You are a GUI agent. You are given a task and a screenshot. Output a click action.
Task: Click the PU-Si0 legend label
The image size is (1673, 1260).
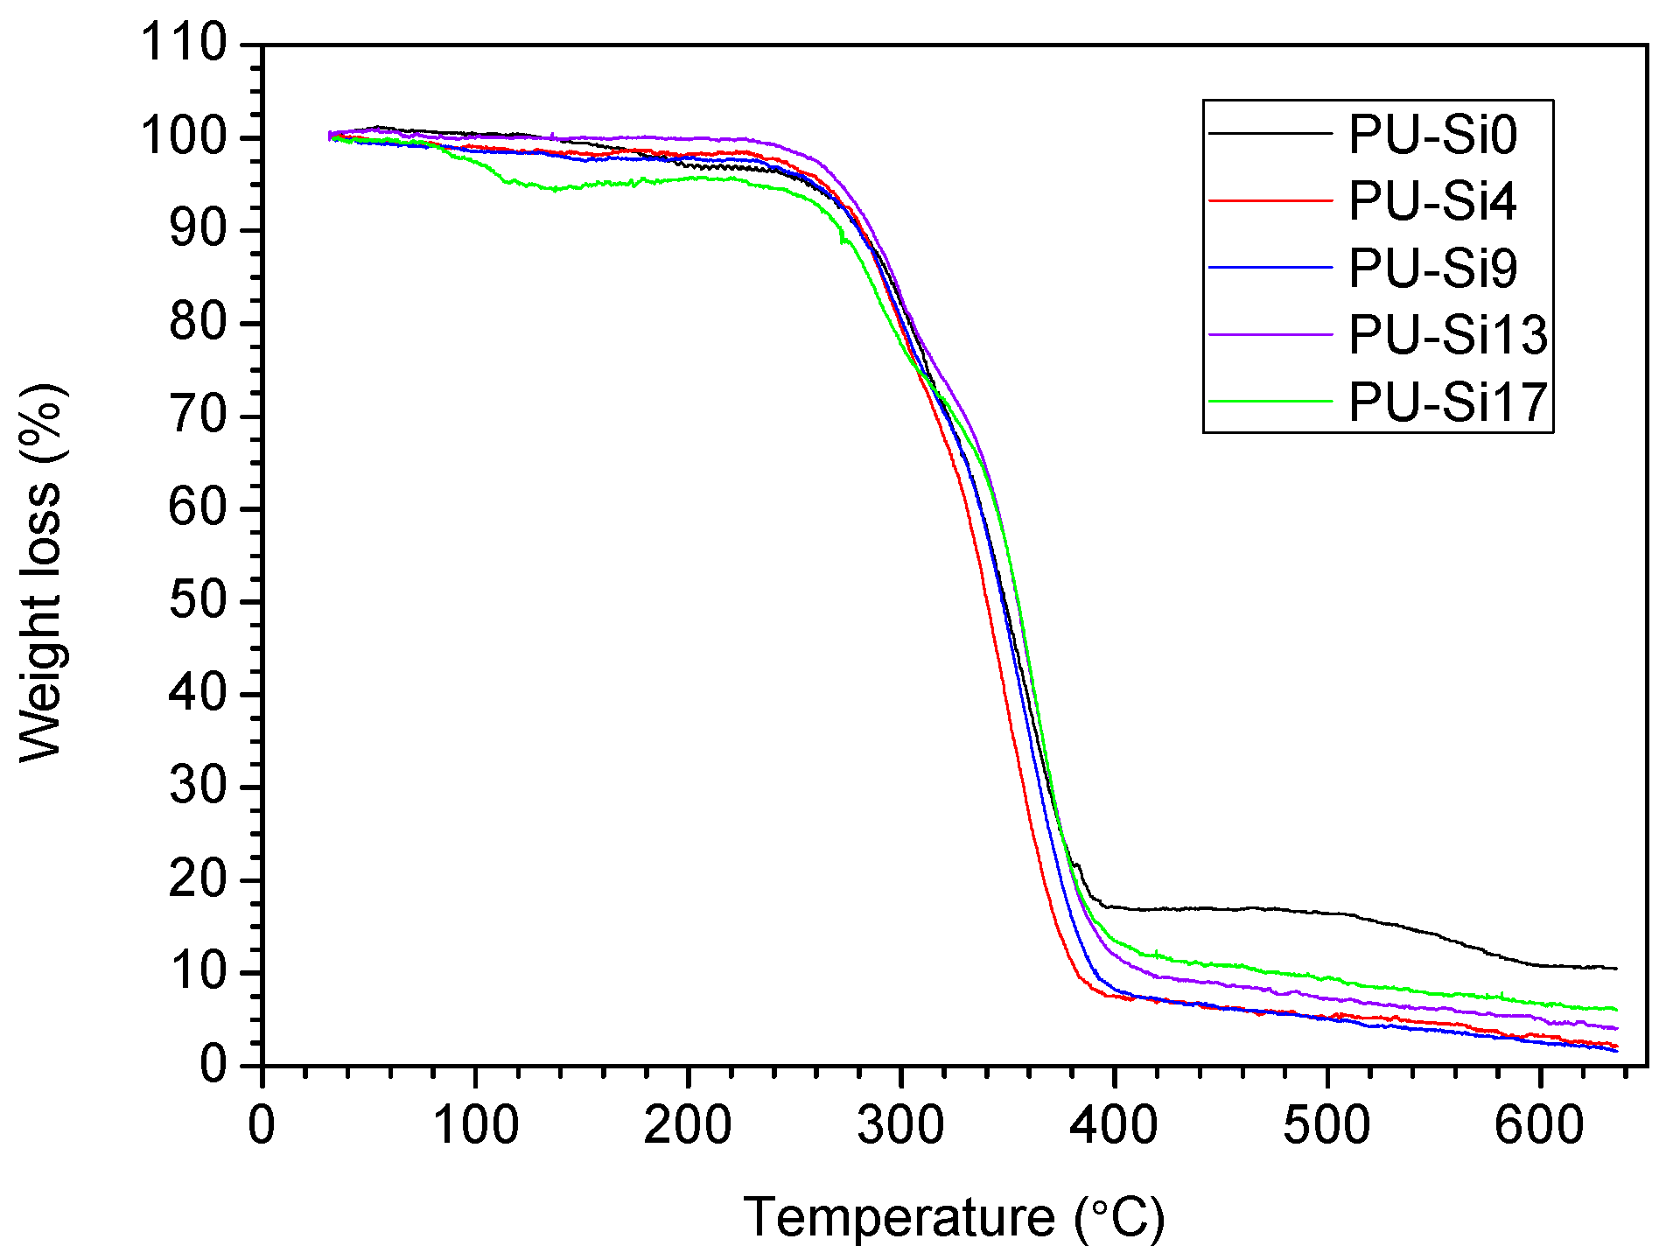(1432, 136)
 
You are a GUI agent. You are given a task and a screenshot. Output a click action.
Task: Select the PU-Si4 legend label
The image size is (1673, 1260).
(1432, 202)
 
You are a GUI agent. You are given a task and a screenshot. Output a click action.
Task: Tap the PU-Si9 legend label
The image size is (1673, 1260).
(1432, 269)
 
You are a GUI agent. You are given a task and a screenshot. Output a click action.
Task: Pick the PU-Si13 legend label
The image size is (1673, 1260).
(1447, 335)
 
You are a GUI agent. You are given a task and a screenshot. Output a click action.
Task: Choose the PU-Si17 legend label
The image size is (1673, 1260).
(1447, 402)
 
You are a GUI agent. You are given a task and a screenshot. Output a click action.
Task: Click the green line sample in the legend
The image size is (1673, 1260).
(1270, 402)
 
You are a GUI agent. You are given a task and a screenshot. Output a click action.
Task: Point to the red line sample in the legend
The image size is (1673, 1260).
(1270, 201)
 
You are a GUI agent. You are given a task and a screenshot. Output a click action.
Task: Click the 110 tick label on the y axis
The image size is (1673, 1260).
(184, 43)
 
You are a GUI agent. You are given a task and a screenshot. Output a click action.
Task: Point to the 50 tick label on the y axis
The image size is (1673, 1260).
(198, 601)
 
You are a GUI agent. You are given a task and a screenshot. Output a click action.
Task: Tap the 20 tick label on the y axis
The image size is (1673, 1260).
(198, 879)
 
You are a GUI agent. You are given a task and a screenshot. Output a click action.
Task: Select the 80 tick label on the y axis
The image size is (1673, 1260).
(198, 323)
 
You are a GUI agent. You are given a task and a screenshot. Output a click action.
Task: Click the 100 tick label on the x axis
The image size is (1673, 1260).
(475, 1126)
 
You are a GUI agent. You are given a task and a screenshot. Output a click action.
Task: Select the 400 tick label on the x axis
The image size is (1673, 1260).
(1114, 1126)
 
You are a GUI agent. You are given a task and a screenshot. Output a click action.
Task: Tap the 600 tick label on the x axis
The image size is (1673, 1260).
(1539, 1126)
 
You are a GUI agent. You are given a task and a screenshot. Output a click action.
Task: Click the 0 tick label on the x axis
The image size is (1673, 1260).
(262, 1126)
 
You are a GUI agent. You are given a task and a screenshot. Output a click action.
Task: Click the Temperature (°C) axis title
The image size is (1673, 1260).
(954, 1218)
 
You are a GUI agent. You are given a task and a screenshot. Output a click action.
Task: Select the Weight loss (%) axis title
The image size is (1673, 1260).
(41, 573)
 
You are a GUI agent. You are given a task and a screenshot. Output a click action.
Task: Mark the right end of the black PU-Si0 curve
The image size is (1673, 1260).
(1615, 969)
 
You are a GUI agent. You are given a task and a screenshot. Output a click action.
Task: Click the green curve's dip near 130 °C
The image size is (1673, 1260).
(555, 189)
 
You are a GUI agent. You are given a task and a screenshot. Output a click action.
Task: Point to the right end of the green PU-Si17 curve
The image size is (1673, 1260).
(1615, 1010)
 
